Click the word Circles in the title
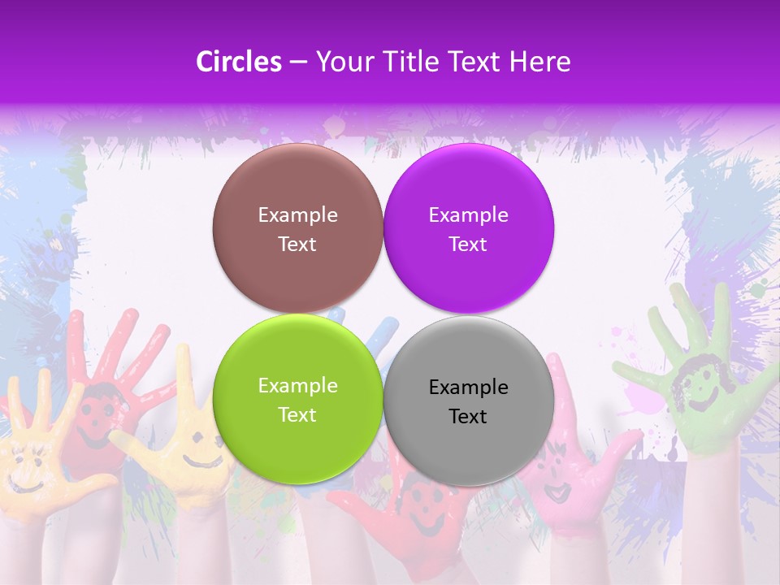tap(239, 62)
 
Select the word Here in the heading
tap(541, 62)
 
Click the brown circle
tap(297, 228)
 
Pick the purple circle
tap(468, 228)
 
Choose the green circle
tap(297, 399)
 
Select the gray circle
tap(468, 401)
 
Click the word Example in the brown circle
tap(297, 214)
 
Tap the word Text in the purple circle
tap(468, 244)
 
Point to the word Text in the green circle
tap(297, 414)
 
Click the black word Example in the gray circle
tap(468, 387)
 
